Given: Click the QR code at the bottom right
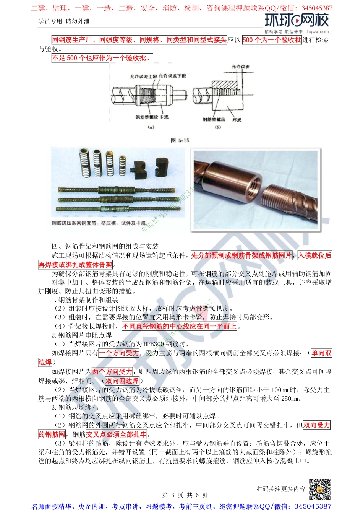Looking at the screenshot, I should [319, 489].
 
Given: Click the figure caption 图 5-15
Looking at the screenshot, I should [180, 140].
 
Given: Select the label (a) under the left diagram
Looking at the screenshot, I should [151, 127].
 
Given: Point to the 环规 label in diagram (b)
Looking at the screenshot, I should [237, 120].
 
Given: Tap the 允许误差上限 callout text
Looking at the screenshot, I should [143, 76].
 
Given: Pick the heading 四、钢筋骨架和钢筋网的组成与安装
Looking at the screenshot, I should [105, 246].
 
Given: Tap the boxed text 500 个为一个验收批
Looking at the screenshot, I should [272, 40].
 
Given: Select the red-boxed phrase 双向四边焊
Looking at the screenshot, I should [122, 381].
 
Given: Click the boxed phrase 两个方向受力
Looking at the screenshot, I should [112, 371].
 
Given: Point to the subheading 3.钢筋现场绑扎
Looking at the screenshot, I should [75, 407].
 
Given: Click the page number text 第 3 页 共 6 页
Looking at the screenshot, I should [185, 495].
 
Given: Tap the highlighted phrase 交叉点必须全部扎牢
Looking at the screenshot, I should [116, 434].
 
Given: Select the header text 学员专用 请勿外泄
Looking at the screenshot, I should [64, 21].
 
